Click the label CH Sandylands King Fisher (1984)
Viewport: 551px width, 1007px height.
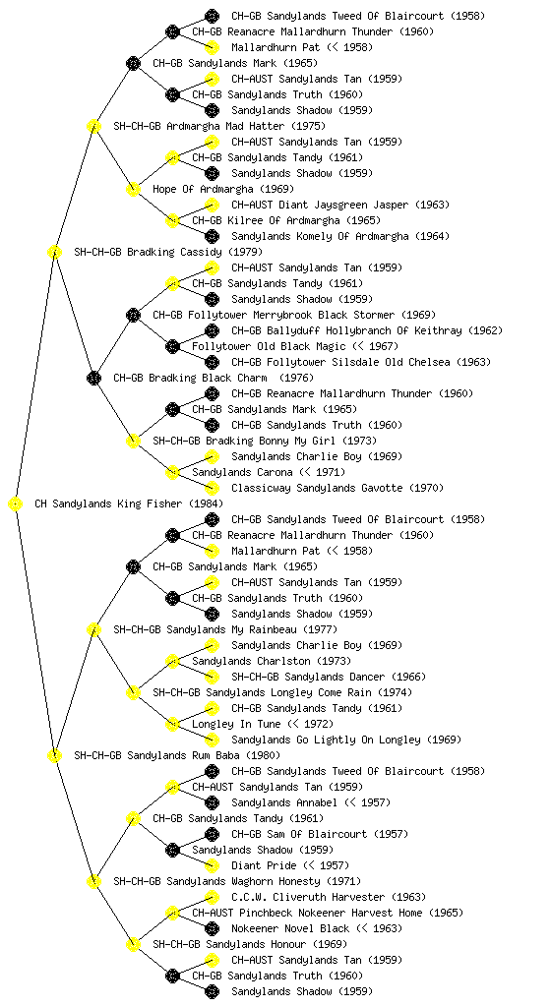point(129,503)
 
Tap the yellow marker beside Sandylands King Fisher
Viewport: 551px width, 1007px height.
point(16,503)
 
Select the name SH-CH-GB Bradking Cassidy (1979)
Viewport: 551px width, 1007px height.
point(168,252)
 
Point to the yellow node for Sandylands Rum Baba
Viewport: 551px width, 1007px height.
point(54,755)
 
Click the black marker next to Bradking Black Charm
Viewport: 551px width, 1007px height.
point(93,378)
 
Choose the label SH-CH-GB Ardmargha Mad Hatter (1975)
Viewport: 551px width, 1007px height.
point(219,126)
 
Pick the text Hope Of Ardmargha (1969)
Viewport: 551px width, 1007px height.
point(222,189)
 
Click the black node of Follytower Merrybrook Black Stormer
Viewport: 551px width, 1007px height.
point(133,315)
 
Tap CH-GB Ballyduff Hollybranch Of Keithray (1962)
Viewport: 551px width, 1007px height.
point(367,330)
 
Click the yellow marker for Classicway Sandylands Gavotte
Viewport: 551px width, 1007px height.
point(212,488)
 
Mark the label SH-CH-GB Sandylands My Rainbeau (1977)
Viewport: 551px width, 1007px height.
point(224,629)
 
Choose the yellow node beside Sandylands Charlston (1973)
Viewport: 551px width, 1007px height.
point(172,661)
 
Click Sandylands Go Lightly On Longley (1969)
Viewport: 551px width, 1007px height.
point(346,740)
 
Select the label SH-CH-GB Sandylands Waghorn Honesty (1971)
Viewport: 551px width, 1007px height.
point(237,881)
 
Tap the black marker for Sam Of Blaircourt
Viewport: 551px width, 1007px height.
point(212,834)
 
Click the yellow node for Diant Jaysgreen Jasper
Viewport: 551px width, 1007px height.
point(212,205)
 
